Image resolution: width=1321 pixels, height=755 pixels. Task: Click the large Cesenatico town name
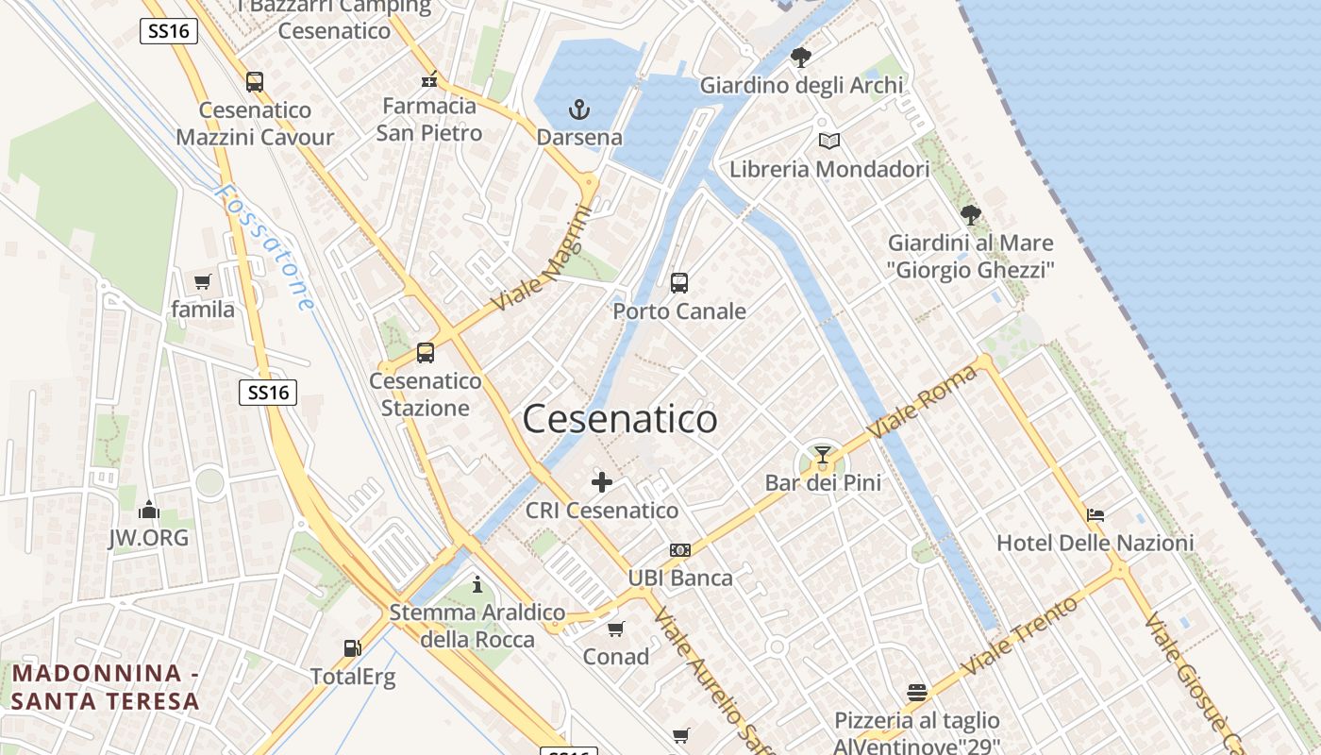620,419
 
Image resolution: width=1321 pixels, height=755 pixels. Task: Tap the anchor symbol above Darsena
578,110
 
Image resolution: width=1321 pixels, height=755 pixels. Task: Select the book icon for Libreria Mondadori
828,142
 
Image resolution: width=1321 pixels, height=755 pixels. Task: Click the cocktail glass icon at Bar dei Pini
823,456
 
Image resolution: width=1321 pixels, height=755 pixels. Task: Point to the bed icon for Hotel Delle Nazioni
1095,515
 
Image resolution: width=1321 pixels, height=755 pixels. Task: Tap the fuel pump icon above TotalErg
352,648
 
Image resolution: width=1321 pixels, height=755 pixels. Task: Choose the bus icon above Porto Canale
678,282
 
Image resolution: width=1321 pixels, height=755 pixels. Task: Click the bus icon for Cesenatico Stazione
426,353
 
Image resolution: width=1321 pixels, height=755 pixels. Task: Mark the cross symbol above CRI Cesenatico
601,483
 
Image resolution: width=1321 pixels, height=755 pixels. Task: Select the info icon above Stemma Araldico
477,584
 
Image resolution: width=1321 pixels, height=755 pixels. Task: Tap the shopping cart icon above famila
202,281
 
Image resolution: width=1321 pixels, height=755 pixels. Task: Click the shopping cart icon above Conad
615,629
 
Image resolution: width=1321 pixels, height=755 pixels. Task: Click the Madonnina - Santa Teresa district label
106,687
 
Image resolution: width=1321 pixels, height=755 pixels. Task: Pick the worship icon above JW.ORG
148,511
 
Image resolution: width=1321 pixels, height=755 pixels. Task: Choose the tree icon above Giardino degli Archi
800,58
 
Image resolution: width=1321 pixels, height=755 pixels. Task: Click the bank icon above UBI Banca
679,550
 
